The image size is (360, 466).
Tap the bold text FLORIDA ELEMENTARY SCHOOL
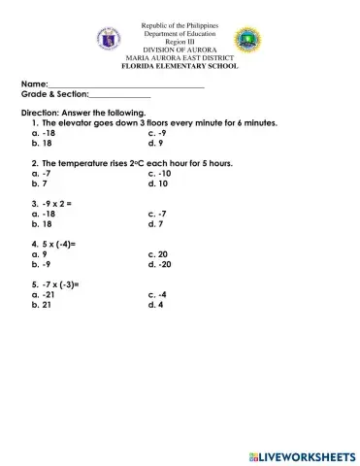tap(180, 66)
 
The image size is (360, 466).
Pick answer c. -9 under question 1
tap(158, 133)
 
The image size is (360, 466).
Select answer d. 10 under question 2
tap(158, 183)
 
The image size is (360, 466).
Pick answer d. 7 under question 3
tap(155, 223)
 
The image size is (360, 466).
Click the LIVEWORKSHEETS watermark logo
tap(301, 455)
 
